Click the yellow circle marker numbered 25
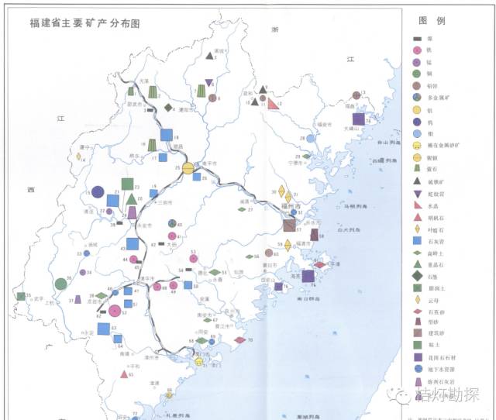point(188,169)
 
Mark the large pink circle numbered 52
point(115,311)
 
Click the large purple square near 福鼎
point(358,119)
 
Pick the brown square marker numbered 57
point(289,226)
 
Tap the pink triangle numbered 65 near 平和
point(123,374)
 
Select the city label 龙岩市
point(92,303)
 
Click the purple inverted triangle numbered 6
point(208,83)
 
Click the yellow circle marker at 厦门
point(199,362)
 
